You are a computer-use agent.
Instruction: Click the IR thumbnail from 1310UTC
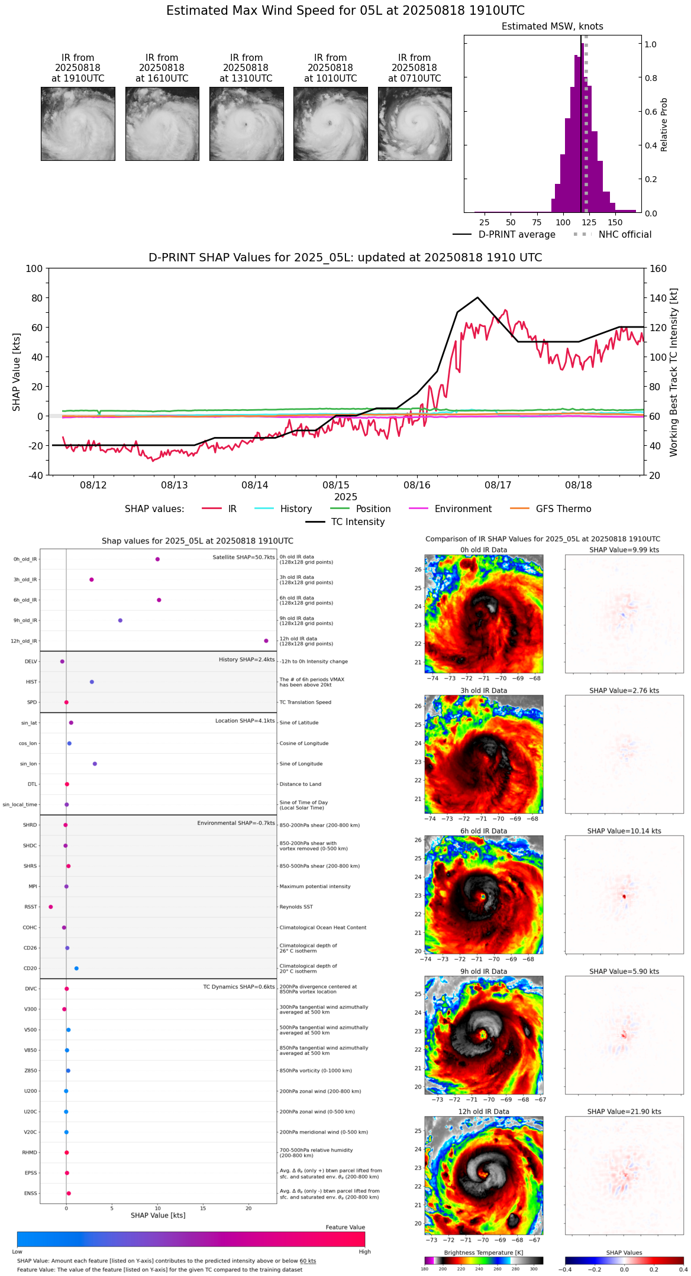pyautogui.click(x=246, y=124)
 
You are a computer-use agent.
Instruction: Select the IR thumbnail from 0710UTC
pyautogui.click(x=415, y=124)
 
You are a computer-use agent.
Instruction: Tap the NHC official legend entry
pyautogui.click(x=625, y=235)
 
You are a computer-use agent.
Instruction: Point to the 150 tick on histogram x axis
pyautogui.click(x=615, y=222)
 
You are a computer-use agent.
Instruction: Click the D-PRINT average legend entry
pyautogui.click(x=516, y=235)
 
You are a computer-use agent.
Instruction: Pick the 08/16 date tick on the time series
pyautogui.click(x=417, y=485)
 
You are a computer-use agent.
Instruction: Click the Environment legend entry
pyautogui.click(x=463, y=509)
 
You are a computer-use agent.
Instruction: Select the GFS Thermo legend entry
pyautogui.click(x=563, y=509)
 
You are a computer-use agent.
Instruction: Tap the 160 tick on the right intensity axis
pyautogui.click(x=658, y=268)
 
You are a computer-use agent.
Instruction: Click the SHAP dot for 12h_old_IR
pyautogui.click(x=266, y=641)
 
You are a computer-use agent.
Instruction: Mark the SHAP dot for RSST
pyautogui.click(x=51, y=907)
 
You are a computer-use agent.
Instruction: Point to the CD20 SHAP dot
pyautogui.click(x=76, y=969)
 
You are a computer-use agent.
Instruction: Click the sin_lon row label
pyautogui.click(x=28, y=764)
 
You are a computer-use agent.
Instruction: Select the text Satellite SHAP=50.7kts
pyautogui.click(x=244, y=558)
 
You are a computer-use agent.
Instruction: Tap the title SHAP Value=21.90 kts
pyautogui.click(x=624, y=1112)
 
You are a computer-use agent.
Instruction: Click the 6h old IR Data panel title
pyautogui.click(x=483, y=831)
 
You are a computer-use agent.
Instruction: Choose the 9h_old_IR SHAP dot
pyautogui.click(x=120, y=620)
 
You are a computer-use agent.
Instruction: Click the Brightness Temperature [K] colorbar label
pyautogui.click(x=483, y=1252)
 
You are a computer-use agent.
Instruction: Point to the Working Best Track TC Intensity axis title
pyautogui.click(x=674, y=373)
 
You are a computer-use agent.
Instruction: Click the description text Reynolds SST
pyautogui.click(x=296, y=907)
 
